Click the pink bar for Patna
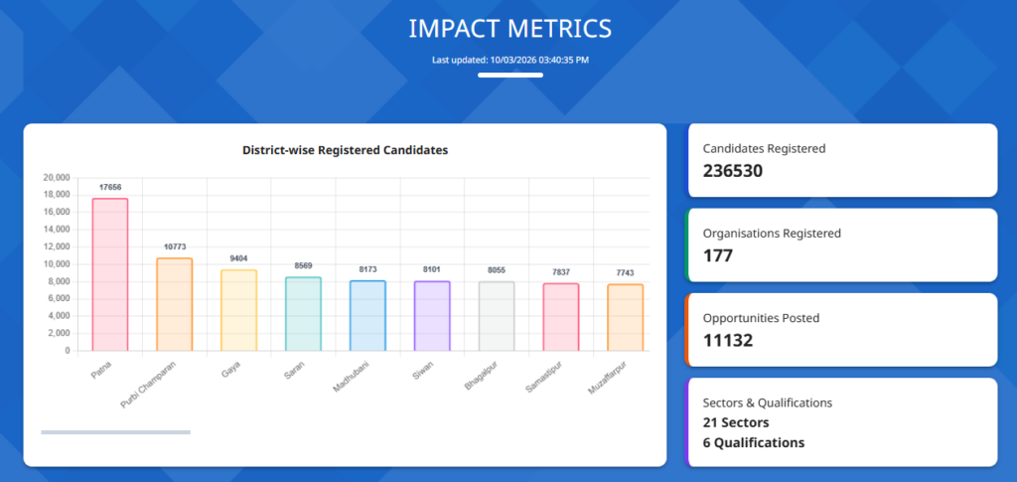(110, 274)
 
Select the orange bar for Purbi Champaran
(174, 304)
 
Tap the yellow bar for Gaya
(238, 310)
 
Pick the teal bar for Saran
(303, 314)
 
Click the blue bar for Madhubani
(367, 316)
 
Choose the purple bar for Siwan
(432, 316)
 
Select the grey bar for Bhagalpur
(497, 316)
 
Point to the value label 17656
(110, 187)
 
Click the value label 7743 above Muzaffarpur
(625, 272)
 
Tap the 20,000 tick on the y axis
(56, 178)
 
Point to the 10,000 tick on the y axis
(56, 264)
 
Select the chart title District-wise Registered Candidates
(345, 150)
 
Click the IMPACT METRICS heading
(509, 29)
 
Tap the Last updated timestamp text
(509, 61)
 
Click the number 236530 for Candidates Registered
(732, 170)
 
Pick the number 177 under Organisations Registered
(717, 255)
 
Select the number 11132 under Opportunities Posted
(728, 341)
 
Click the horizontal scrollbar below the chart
(115, 432)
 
